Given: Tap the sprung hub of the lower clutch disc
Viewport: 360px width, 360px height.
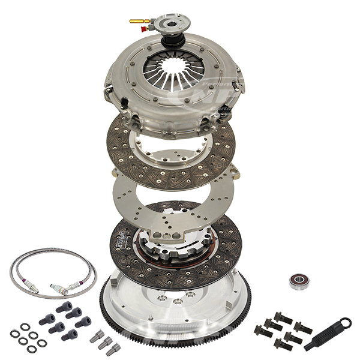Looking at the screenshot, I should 174,246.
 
